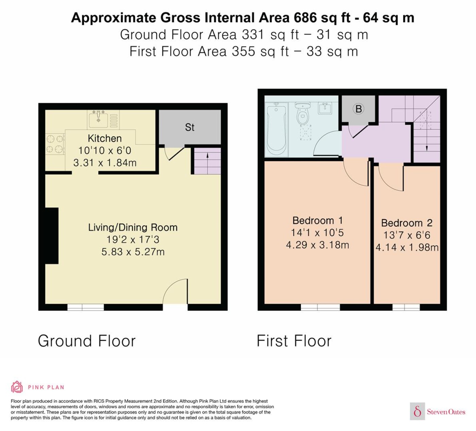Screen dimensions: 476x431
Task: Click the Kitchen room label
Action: point(105,138)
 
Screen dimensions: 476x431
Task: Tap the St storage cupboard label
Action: point(190,128)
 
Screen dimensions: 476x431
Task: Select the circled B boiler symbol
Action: point(358,109)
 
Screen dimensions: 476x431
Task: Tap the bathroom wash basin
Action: point(325,108)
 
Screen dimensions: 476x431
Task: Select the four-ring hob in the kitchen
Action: point(55,144)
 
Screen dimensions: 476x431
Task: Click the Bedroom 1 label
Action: point(318,221)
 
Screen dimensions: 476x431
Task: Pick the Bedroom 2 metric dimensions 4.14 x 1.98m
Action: point(407,248)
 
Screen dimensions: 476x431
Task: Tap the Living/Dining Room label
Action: point(133,227)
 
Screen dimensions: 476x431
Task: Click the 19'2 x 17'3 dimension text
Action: point(133,240)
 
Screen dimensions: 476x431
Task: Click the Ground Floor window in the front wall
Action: point(86,307)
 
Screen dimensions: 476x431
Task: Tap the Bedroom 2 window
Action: point(406,307)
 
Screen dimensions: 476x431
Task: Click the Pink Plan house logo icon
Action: point(17,387)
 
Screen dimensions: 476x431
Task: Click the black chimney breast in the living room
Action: point(52,236)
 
